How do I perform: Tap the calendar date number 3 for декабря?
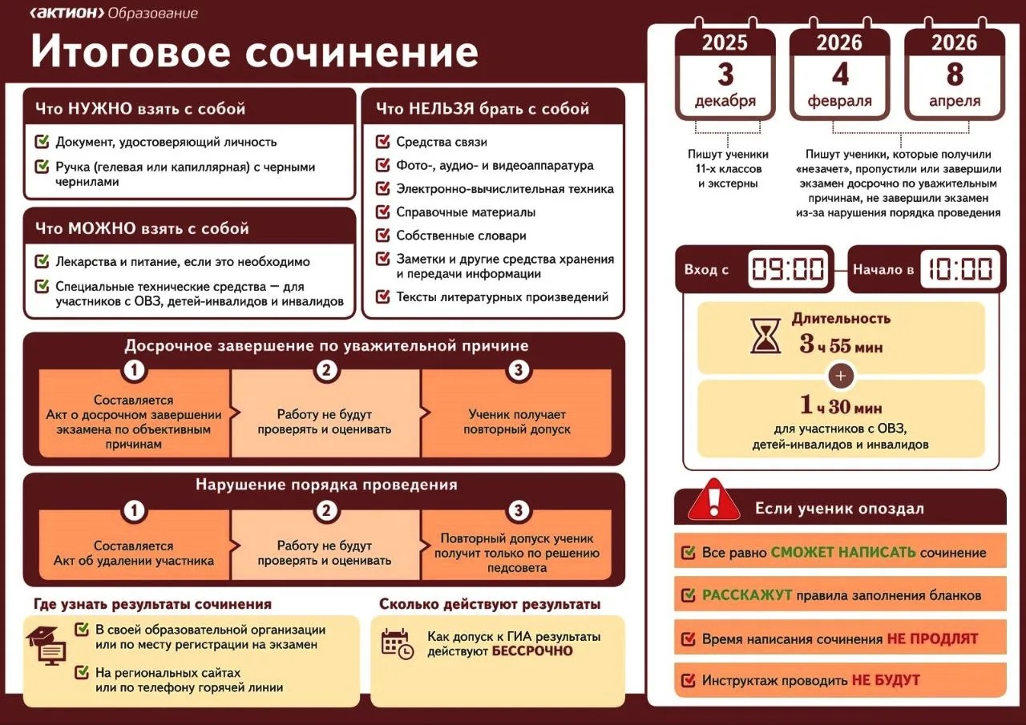[x=725, y=75]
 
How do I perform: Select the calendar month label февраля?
[x=839, y=102]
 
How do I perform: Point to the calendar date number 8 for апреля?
[x=954, y=75]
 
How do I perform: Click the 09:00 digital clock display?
[x=788, y=269]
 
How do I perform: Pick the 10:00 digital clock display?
[x=960, y=269]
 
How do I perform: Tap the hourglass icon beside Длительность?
[x=765, y=336]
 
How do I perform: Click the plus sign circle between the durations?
[x=841, y=376]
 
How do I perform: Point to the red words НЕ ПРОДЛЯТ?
[x=932, y=639]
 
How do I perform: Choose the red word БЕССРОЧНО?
[x=532, y=650]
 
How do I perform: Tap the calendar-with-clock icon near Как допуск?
[x=397, y=643]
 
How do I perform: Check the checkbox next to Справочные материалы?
[x=383, y=212]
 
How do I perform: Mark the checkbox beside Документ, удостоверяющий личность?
[x=42, y=142]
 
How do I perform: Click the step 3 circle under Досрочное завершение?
[x=519, y=369]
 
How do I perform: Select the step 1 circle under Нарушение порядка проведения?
[x=134, y=510]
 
